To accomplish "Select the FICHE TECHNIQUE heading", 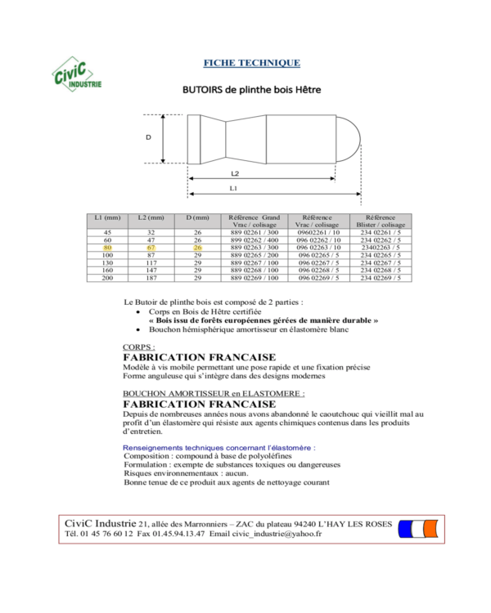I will [251, 63].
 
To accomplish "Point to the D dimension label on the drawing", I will [148, 137].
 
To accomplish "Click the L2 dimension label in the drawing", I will [234, 173].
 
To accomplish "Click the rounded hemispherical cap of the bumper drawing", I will [350, 138].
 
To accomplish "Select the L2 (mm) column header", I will [151, 218].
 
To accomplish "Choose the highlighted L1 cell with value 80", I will [107, 247].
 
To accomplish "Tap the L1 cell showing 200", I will [107, 278].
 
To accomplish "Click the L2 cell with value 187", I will [151, 278].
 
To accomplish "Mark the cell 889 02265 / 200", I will [255, 255].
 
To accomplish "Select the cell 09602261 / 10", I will [317, 232].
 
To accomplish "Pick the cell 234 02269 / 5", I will [381, 278].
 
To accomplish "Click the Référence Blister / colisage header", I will [381, 221].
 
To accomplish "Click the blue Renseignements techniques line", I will [218, 448].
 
